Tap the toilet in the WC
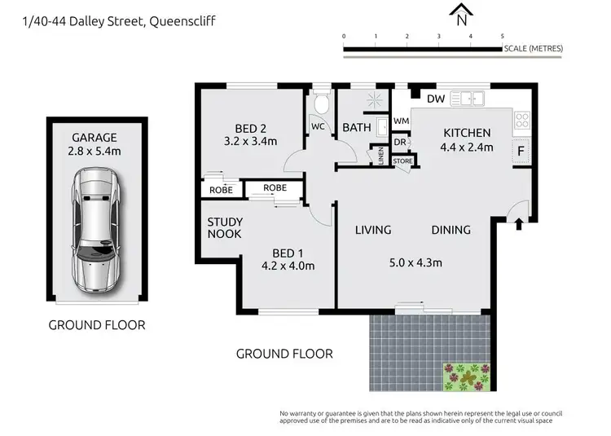(x=322, y=105)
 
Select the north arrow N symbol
(x=462, y=14)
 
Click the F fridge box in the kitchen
(x=519, y=151)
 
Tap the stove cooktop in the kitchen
(x=522, y=121)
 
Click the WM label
(x=401, y=121)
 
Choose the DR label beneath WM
(x=400, y=142)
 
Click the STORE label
(x=403, y=161)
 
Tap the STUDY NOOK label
(x=225, y=228)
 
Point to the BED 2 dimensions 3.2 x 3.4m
(x=250, y=140)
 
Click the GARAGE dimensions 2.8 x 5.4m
(x=95, y=152)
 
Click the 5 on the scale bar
(x=502, y=37)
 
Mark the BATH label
(x=357, y=127)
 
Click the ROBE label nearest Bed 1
(x=275, y=187)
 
